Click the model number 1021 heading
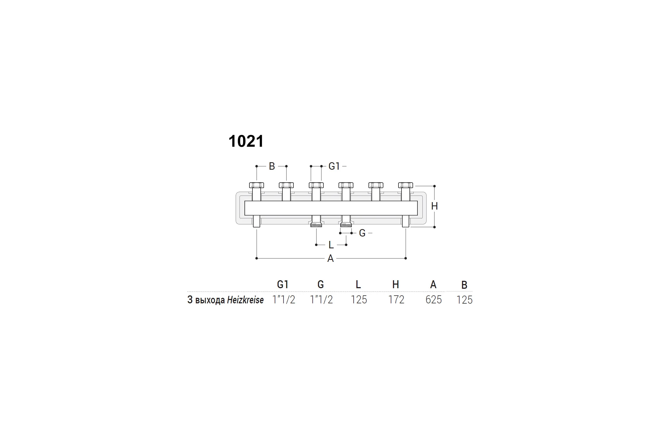pos(246,141)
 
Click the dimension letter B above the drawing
pos(272,166)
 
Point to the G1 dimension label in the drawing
pos(334,166)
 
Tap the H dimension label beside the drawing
pos(435,206)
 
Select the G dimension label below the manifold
pos(362,233)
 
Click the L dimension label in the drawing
pos(331,245)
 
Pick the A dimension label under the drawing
pos(331,258)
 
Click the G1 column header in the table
pos(283,285)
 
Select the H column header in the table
pos(396,285)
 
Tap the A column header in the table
pos(433,285)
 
